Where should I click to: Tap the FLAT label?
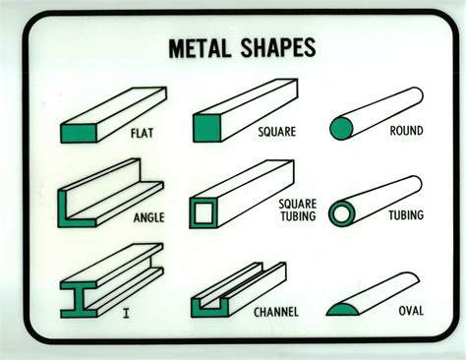pyautogui.click(x=143, y=131)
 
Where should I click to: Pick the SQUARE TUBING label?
pyautogui.click(x=295, y=210)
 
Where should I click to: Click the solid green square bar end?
pyautogui.click(x=206, y=130)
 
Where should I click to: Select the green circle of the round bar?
pyautogui.click(x=342, y=128)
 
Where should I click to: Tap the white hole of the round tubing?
pyautogui.click(x=341, y=214)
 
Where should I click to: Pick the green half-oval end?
pyautogui.click(x=340, y=311)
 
